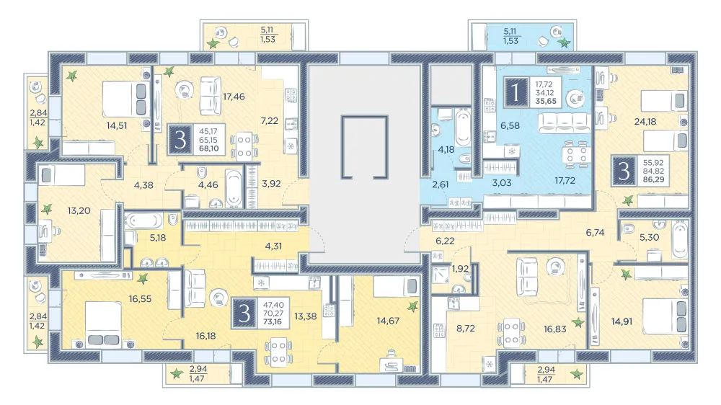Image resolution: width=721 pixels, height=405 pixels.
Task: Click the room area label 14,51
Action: [x=117, y=125]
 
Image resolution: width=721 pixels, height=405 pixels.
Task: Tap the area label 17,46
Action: [x=234, y=97]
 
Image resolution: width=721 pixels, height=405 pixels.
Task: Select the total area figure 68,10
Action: [x=209, y=148]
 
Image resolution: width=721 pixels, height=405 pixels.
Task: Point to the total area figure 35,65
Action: [x=546, y=101]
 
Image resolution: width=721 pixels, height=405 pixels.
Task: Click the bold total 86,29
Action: [x=653, y=179]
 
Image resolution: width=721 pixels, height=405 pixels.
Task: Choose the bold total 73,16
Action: [x=273, y=322]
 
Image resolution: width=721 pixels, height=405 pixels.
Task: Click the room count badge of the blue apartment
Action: [x=516, y=92]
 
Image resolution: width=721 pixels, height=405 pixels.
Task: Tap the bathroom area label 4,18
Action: [x=446, y=149]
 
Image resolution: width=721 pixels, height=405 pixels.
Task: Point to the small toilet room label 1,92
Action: [x=460, y=269]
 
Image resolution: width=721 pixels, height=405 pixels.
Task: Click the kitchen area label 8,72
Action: [x=466, y=328]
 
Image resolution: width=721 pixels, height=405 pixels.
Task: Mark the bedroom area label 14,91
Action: [x=622, y=322]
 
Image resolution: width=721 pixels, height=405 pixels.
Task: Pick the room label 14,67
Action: [x=388, y=321]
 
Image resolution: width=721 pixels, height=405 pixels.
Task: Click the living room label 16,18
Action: [x=205, y=336]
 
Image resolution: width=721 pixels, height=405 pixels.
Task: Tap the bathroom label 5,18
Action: [x=158, y=238]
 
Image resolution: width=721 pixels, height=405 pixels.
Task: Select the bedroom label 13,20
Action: [x=79, y=211]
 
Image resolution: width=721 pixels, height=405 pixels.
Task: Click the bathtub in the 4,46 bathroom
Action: [x=234, y=187]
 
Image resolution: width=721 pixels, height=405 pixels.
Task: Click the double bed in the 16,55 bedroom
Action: [x=103, y=324]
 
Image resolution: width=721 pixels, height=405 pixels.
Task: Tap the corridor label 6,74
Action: [x=595, y=233]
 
